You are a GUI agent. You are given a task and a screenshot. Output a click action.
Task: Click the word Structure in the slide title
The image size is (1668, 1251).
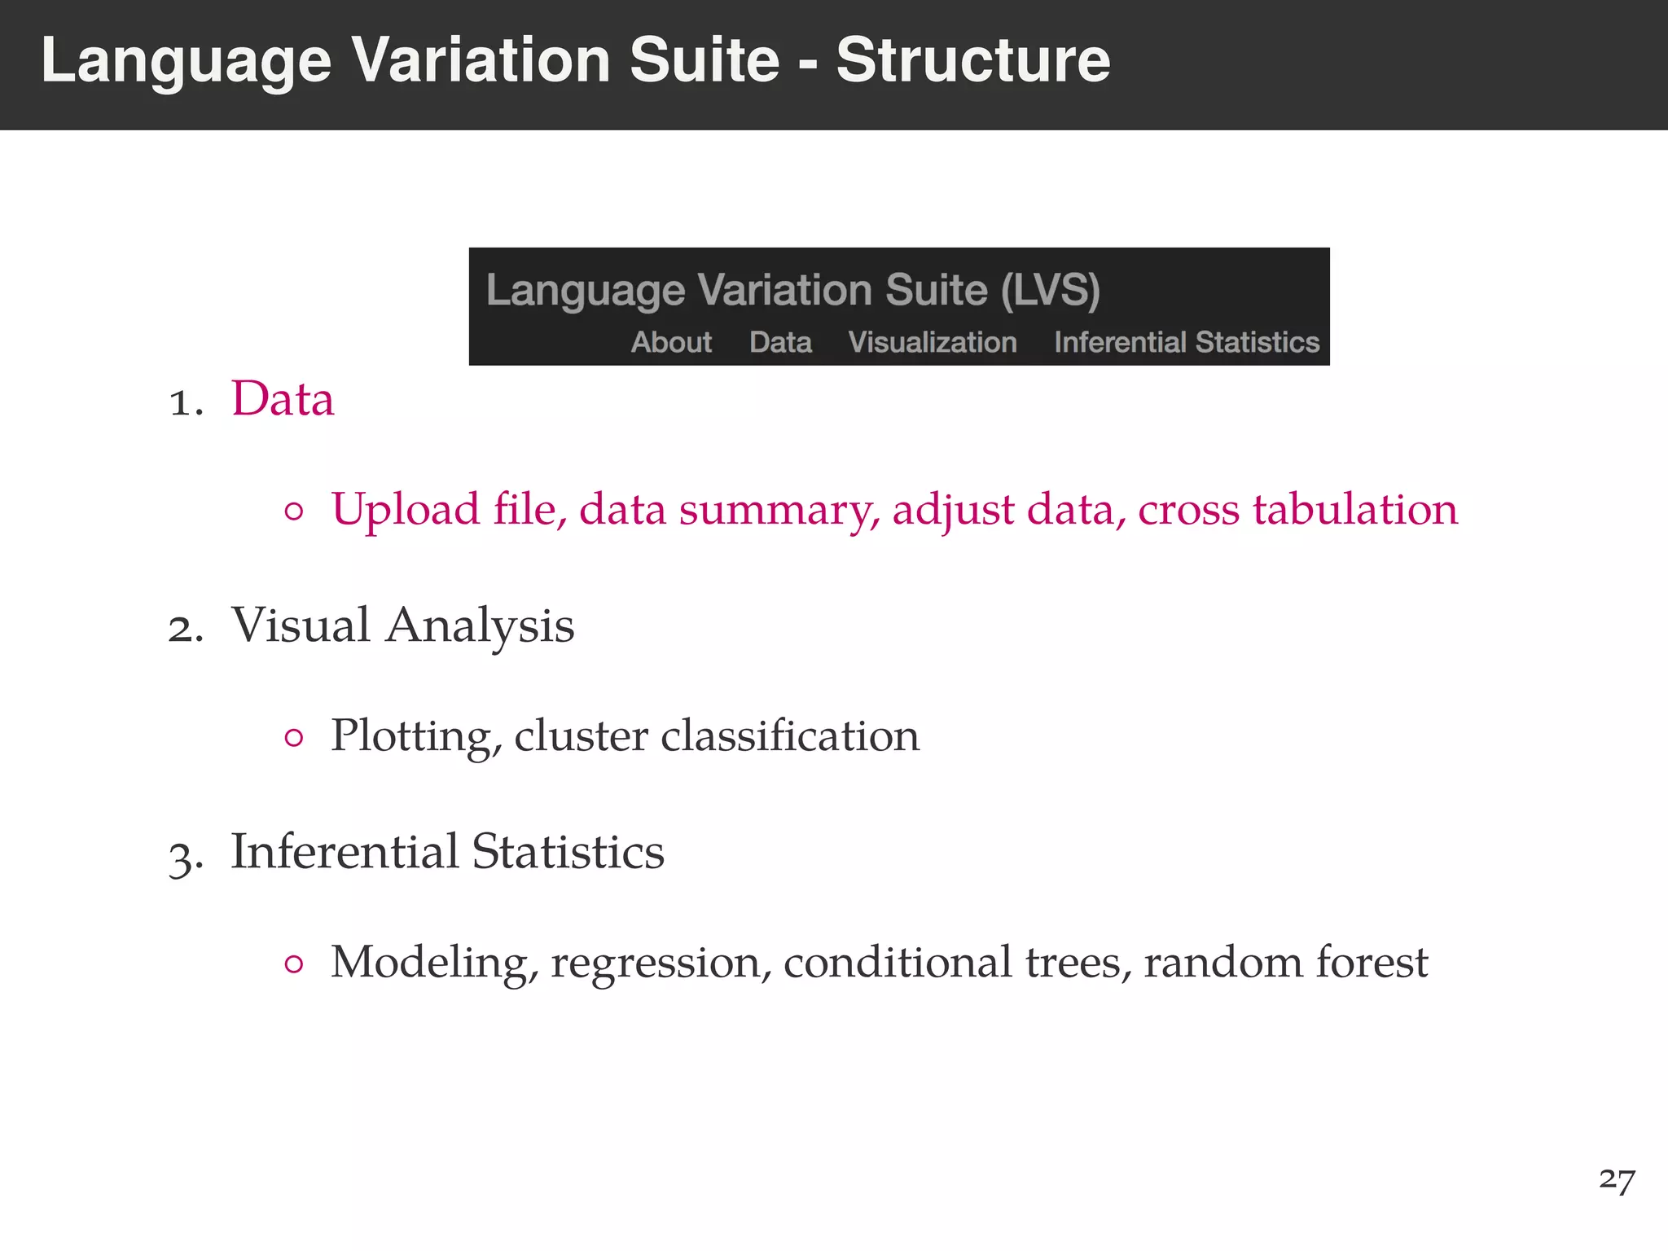tap(972, 60)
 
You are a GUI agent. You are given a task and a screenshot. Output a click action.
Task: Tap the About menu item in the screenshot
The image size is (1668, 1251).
tap(671, 342)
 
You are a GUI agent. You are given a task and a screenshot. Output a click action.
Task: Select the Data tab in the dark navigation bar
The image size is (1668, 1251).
tap(780, 342)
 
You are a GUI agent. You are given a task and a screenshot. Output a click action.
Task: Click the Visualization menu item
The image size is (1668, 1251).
tap(933, 342)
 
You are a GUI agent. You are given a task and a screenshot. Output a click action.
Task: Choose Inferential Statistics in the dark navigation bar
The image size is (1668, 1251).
tap(1186, 342)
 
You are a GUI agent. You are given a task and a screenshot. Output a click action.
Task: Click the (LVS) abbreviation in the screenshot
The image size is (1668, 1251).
tap(1051, 290)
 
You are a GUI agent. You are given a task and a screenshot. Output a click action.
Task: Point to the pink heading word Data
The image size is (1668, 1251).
tap(283, 399)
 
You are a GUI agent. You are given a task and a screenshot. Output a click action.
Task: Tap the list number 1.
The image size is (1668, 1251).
tap(184, 402)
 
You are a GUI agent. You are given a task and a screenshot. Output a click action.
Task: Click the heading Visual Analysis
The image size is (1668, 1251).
tap(402, 625)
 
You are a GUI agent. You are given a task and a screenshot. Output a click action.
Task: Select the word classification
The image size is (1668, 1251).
tap(789, 735)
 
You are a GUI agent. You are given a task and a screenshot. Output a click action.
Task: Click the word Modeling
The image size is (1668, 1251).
tap(434, 963)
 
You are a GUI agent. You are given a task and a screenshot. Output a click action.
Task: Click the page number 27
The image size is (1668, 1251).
tap(1616, 1179)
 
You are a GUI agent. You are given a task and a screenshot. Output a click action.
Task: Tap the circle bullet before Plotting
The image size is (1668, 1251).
tap(294, 739)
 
